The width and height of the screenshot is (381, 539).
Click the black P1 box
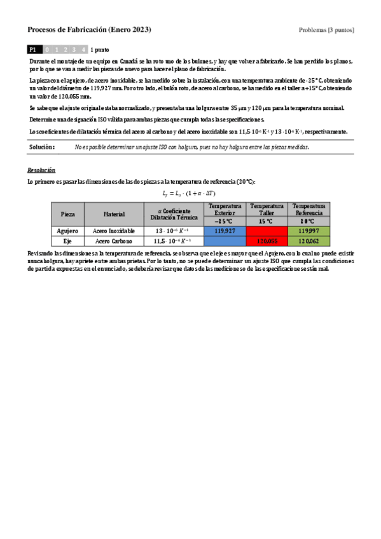point(35,49)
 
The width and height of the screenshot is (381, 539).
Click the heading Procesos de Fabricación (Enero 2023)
point(90,30)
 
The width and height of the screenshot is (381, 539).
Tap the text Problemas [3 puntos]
point(326,30)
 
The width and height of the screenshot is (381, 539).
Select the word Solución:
point(42,147)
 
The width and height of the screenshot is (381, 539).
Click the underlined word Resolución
point(41,171)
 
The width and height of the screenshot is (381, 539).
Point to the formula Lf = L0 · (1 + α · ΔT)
point(190,193)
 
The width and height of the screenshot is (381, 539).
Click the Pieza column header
point(67,214)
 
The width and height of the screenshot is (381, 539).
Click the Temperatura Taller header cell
point(267,209)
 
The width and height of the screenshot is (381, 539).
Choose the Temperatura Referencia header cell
point(308,209)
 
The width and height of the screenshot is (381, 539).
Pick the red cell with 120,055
point(267,242)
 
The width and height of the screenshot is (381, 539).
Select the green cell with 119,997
point(308,231)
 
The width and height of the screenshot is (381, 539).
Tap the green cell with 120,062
point(308,242)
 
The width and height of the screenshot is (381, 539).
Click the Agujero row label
point(67,231)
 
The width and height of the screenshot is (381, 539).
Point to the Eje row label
point(67,242)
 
